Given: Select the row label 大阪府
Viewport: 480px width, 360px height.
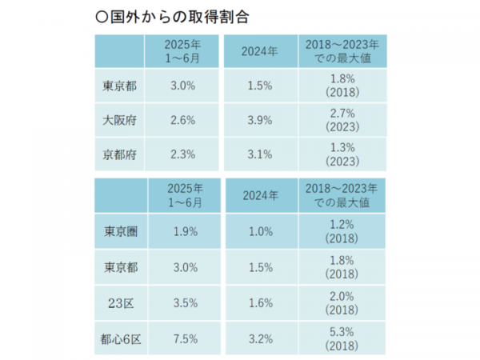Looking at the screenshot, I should [118, 121].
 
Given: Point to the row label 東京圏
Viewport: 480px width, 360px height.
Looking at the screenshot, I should [118, 231].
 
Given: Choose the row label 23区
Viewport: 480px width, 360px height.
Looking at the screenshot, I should [118, 303].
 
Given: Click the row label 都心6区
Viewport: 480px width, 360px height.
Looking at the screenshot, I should [118, 338].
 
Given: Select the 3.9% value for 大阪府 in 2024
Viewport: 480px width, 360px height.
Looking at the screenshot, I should [260, 121].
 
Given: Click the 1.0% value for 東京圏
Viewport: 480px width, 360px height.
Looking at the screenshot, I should [260, 231].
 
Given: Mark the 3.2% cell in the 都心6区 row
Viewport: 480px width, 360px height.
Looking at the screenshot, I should [260, 338].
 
